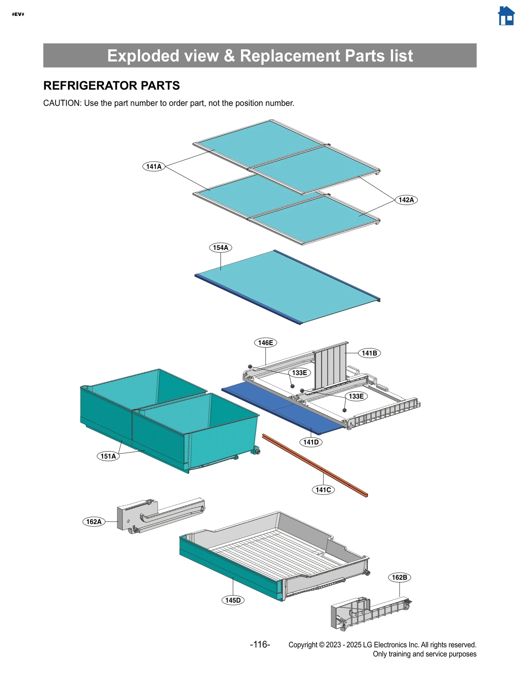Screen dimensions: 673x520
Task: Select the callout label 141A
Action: tap(154, 166)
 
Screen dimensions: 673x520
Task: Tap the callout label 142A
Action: tap(406, 200)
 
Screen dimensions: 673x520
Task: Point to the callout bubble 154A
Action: tap(220, 248)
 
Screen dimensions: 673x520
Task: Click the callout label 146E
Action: tap(265, 343)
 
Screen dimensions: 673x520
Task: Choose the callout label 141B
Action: tap(369, 353)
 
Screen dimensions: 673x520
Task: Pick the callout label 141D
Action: tap(311, 442)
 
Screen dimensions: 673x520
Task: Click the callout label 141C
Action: tap(323, 490)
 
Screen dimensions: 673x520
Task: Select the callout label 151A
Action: tap(108, 456)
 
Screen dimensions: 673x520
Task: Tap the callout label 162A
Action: tap(94, 522)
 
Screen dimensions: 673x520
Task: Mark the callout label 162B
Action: tap(399, 577)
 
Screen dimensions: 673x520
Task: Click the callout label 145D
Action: tap(233, 600)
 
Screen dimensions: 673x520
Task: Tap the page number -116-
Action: tap(260, 644)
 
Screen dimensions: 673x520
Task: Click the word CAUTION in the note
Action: tap(62, 103)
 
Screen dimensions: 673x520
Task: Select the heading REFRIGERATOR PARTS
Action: tap(111, 85)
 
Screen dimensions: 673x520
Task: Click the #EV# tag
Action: tap(18, 14)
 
